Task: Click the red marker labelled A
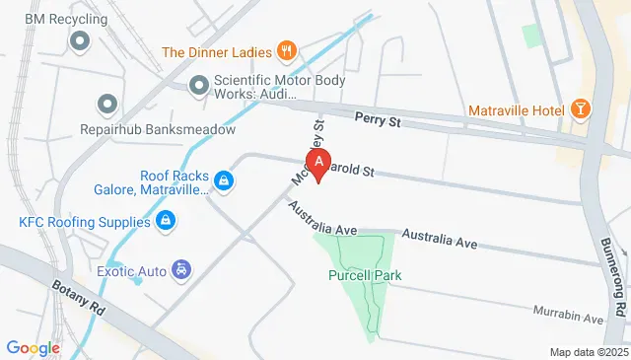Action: [318, 163]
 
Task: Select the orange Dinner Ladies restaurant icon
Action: [287, 50]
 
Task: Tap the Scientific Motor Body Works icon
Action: [199, 87]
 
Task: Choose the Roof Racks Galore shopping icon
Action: [225, 181]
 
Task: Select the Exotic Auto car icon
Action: [181, 268]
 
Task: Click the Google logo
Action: [34, 347]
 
